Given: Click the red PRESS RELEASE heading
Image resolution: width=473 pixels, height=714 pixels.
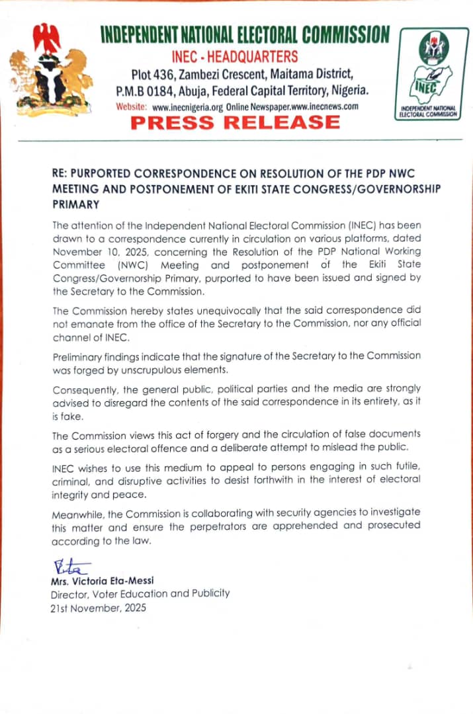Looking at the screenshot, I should (x=235, y=122).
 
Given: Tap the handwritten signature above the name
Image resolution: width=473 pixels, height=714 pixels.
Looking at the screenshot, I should (x=69, y=567).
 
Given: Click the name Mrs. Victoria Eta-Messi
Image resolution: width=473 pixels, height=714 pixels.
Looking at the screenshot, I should (x=102, y=581).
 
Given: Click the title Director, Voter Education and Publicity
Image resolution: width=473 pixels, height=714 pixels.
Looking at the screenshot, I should (x=140, y=594).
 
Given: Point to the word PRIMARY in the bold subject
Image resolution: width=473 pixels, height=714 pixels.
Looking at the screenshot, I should (x=75, y=205).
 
